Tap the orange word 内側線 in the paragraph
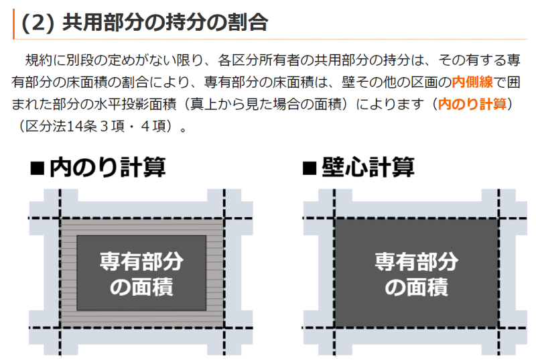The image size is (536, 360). [x=473, y=82]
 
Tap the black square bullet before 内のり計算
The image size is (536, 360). [x=38, y=168]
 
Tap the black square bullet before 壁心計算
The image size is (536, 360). [x=310, y=168]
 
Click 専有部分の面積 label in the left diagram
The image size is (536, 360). [x=141, y=274]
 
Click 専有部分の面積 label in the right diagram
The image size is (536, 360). [x=416, y=274]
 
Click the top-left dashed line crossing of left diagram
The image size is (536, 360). [x=60, y=218]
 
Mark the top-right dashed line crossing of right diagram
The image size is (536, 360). [x=498, y=218]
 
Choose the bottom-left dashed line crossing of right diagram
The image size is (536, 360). [x=335, y=327]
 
